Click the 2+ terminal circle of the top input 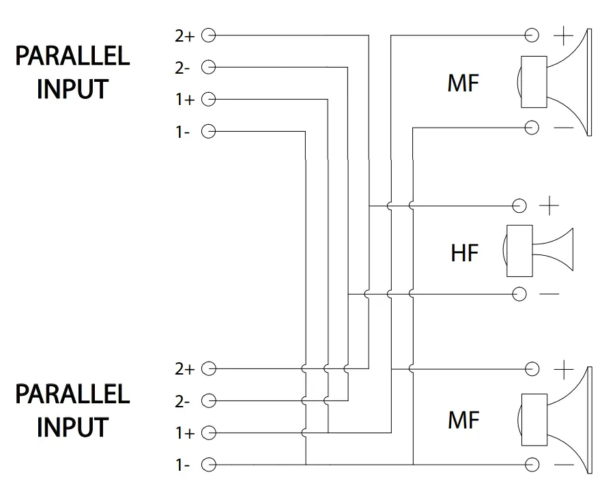210,35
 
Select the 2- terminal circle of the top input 210,67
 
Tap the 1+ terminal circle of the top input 210,100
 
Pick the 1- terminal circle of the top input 210,131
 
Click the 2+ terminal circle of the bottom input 210,368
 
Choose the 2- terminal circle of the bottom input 210,400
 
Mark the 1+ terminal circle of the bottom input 210,433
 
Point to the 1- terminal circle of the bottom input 210,465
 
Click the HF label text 465,253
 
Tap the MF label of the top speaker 463,83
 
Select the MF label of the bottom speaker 463,420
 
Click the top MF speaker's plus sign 564,35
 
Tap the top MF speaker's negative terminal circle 532,127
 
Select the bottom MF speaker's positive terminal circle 532,369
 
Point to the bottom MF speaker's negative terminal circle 532,465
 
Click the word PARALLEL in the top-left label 72,56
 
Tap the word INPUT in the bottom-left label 72,427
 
